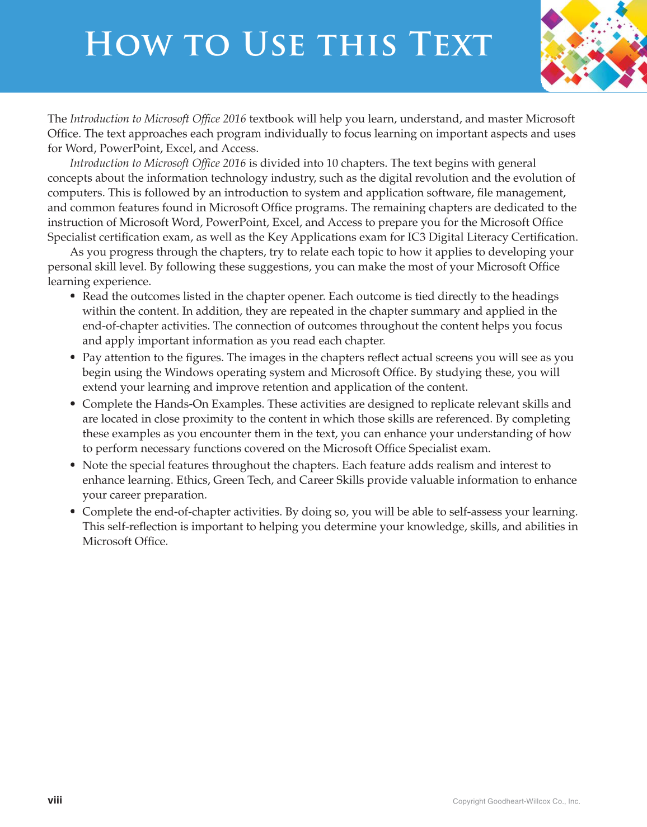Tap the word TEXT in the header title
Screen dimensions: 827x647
pos(450,45)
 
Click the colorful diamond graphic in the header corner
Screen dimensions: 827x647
pos(594,45)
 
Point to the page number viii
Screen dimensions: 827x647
pos(55,800)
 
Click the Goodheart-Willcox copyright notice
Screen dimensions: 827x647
pos(516,801)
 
